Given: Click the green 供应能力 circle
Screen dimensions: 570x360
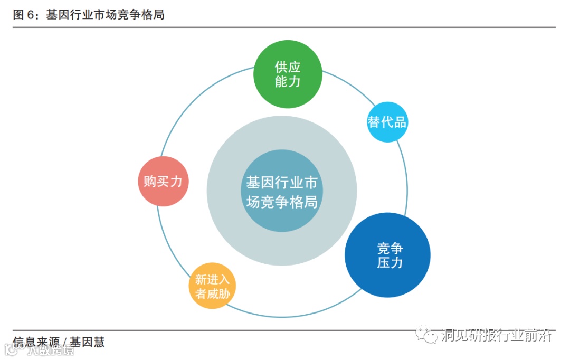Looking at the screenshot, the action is (x=288, y=74).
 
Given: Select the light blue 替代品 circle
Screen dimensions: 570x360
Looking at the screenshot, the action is (x=387, y=122).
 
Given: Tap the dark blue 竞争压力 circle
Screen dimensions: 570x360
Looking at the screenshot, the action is (x=387, y=255).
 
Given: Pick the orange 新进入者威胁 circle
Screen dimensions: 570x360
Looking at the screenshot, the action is (x=212, y=286).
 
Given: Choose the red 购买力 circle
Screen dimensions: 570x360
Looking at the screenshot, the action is (x=163, y=181).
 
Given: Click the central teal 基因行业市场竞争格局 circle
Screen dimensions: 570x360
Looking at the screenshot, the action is (x=282, y=191).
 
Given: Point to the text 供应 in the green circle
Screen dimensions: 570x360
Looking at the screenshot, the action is (x=288, y=67).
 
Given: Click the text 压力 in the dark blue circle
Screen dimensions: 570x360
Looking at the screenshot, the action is (x=390, y=262).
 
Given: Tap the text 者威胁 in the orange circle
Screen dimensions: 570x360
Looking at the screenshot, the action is (x=212, y=293).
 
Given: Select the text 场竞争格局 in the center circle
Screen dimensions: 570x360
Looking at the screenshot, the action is (x=282, y=201).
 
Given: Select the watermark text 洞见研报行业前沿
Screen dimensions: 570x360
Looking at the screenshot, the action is (x=496, y=335).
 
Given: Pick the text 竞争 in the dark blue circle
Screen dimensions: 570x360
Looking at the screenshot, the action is (x=390, y=248).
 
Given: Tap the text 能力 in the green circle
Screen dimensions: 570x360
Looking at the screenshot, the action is (x=288, y=81).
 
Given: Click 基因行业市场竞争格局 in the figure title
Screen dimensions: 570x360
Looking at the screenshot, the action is (x=105, y=15).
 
